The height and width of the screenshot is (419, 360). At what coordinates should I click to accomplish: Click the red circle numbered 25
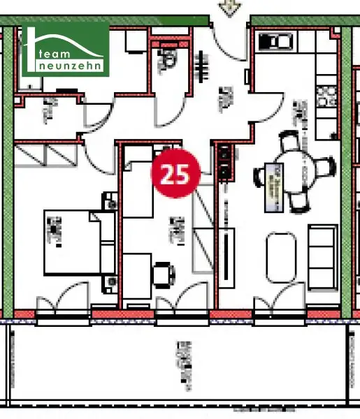click(x=177, y=173)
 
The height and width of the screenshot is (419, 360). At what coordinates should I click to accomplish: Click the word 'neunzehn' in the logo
click(x=72, y=65)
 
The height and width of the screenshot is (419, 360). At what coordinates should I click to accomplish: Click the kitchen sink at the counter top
click(x=268, y=41)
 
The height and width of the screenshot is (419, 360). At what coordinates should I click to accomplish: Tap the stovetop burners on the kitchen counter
click(x=324, y=97)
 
